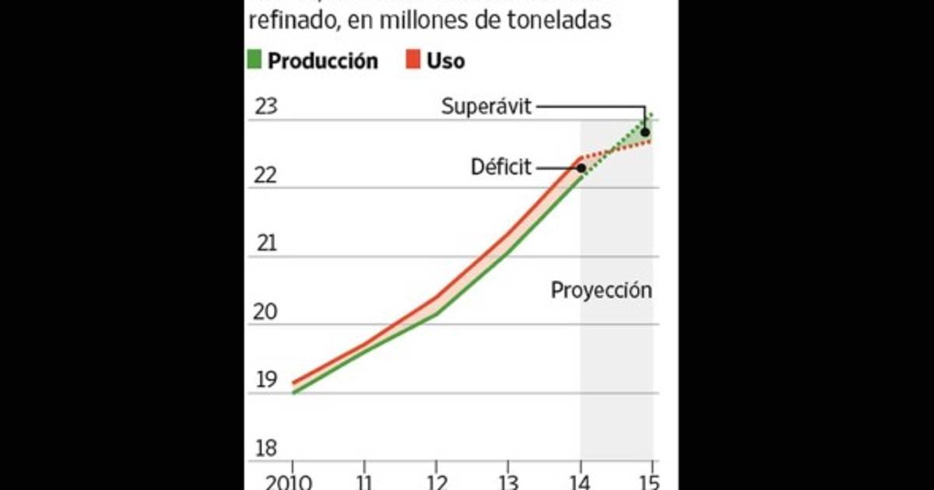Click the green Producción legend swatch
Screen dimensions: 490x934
coord(255,60)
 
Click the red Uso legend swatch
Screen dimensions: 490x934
coord(413,60)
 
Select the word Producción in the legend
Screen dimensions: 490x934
coord(322,60)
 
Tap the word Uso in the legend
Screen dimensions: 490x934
coord(445,60)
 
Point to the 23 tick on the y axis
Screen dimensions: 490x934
coord(266,106)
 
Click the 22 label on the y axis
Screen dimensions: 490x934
coord(266,175)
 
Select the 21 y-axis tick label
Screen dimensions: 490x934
coord(266,243)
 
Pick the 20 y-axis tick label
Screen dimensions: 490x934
coord(266,312)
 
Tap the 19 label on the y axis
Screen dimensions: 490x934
coord(266,380)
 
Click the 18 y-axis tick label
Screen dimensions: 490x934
coord(266,449)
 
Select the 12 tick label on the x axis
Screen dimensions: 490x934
coord(437,480)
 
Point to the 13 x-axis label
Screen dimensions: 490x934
coord(508,480)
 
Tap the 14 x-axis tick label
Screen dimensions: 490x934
coord(580,480)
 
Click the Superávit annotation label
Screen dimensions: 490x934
coord(486,107)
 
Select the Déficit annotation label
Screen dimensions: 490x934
coord(500,167)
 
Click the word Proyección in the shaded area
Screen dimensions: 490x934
coord(601,291)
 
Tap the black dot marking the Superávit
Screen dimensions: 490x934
coord(645,132)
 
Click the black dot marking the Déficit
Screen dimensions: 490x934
coord(581,168)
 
